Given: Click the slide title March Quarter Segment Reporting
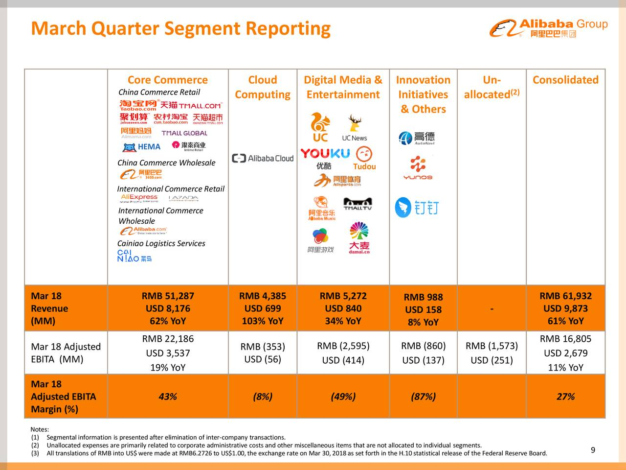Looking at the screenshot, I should pyautogui.click(x=180, y=28).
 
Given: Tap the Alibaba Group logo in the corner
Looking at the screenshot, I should pyautogui.click(x=548, y=28).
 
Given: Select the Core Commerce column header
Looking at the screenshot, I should pyautogui.click(x=167, y=80).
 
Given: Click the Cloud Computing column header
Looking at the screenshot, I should pyautogui.click(x=262, y=87).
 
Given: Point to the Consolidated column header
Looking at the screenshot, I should pyautogui.click(x=565, y=80).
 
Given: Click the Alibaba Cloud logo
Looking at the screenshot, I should pyautogui.click(x=263, y=158).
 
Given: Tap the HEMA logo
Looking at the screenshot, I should pyautogui.click(x=142, y=147).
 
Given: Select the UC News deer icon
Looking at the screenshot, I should pyautogui.click(x=355, y=123).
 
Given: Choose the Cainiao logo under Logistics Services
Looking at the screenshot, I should pyautogui.click(x=134, y=256).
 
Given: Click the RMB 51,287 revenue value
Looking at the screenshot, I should pyautogui.click(x=168, y=296).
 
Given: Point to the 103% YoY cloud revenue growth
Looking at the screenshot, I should pyautogui.click(x=262, y=321).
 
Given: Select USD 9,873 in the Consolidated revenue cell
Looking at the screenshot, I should pyautogui.click(x=565, y=308).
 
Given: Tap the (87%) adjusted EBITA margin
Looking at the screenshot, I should pyautogui.click(x=423, y=397).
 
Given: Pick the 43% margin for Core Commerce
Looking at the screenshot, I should pyautogui.click(x=168, y=397).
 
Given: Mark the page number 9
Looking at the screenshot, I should pyautogui.click(x=593, y=450).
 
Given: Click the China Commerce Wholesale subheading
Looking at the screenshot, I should pyautogui.click(x=166, y=163).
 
